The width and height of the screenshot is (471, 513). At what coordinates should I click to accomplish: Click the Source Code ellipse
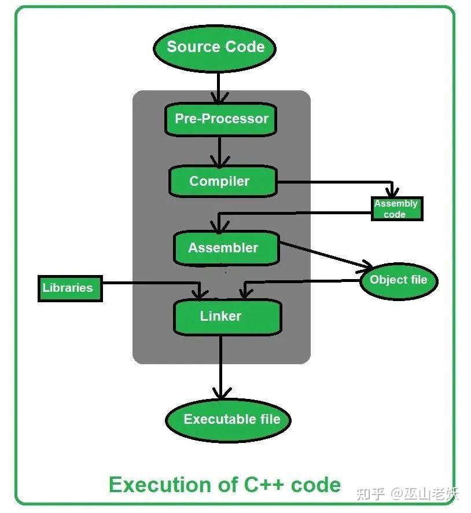pyautogui.click(x=215, y=47)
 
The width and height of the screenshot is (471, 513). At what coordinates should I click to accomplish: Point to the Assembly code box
pyautogui.click(x=396, y=209)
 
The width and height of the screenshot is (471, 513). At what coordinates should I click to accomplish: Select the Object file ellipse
pyautogui.click(x=399, y=280)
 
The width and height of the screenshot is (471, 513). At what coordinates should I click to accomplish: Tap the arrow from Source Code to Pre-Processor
pyautogui.click(x=218, y=87)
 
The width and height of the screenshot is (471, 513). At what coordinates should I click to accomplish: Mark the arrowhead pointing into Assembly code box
pyautogui.click(x=393, y=192)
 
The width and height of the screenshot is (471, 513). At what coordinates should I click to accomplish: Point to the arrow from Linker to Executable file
pyautogui.click(x=220, y=368)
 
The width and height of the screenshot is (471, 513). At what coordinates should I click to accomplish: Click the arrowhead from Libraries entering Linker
pyautogui.click(x=201, y=292)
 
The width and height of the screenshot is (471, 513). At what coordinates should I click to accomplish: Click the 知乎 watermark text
pyautogui.click(x=370, y=493)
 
